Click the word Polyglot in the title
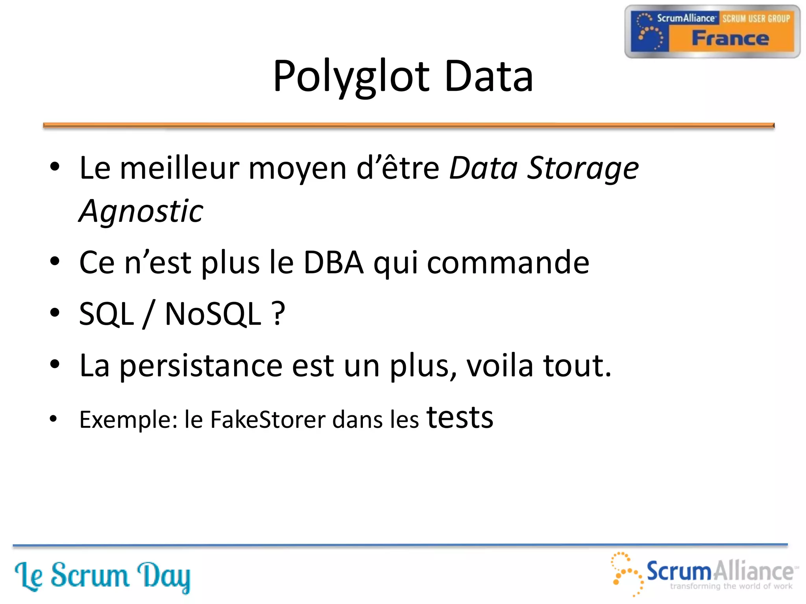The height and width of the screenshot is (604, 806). click(351, 76)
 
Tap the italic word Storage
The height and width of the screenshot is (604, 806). click(583, 168)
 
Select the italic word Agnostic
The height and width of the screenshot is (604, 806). click(141, 212)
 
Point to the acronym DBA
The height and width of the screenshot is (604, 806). click(334, 263)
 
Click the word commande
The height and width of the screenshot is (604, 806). click(508, 263)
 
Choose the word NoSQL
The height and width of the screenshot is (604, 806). click(213, 314)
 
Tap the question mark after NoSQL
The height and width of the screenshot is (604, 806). click(278, 314)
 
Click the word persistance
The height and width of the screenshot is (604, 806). click(201, 366)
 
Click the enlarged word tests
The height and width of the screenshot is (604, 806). click(460, 418)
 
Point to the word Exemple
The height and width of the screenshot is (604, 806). click(128, 420)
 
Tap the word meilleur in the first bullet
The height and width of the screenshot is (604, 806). click(179, 168)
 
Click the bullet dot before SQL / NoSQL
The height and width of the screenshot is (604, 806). click(55, 313)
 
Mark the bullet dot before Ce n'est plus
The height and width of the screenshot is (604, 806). click(55, 261)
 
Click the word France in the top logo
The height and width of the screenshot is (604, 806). click(730, 39)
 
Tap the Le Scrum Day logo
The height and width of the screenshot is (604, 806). click(102, 576)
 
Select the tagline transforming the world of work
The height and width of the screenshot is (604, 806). click(731, 586)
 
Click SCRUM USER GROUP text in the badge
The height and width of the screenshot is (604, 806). click(756, 18)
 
